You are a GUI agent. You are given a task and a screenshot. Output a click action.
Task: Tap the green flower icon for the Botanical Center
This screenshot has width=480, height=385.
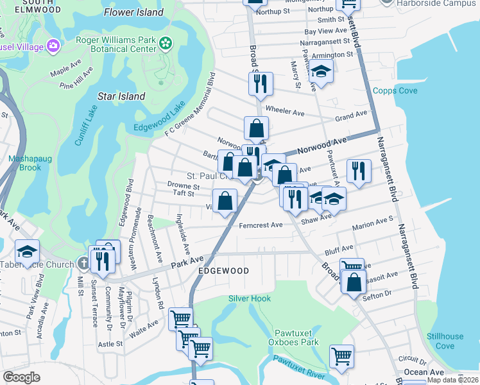tap(166, 43)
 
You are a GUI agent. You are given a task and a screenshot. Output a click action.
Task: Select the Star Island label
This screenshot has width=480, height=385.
tap(121, 96)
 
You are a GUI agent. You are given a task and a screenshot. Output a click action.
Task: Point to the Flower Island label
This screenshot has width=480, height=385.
tap(134, 12)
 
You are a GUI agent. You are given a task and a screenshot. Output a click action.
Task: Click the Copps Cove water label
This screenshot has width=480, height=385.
tap(395, 91)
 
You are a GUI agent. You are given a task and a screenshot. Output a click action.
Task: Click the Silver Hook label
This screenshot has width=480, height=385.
tap(250, 298)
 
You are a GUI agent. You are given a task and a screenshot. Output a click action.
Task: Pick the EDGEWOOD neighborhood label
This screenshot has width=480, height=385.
tap(223, 271)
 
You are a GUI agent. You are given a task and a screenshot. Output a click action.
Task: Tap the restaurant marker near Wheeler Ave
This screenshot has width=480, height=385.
tap(261, 83)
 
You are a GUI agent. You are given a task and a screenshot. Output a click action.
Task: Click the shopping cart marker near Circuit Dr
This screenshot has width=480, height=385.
tap(341, 355)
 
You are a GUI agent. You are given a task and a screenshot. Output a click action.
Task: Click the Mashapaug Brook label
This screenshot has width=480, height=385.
tap(24, 163)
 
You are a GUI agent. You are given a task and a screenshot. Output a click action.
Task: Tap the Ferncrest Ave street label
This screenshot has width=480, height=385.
tap(261, 225)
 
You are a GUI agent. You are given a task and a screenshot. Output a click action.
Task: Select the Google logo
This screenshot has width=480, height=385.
tap(21, 377)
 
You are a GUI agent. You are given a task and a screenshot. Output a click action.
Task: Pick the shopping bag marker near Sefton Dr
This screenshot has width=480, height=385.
tap(354, 282)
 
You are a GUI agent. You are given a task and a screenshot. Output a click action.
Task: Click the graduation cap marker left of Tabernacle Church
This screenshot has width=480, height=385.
tap(27, 252)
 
